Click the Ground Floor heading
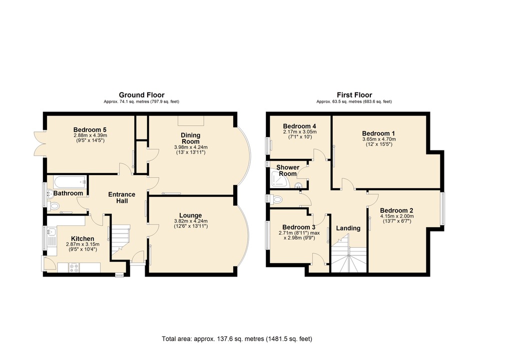tap(141, 95)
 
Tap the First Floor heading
tap(354, 95)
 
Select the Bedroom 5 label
tap(91, 128)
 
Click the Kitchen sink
tap(52, 232)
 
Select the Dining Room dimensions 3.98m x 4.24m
tap(190, 147)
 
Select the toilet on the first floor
tap(277, 200)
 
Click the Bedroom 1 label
tap(379, 133)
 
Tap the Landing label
tap(348, 228)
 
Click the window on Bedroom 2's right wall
tap(442, 208)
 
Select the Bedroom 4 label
tap(299, 125)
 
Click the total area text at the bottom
tap(237, 338)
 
